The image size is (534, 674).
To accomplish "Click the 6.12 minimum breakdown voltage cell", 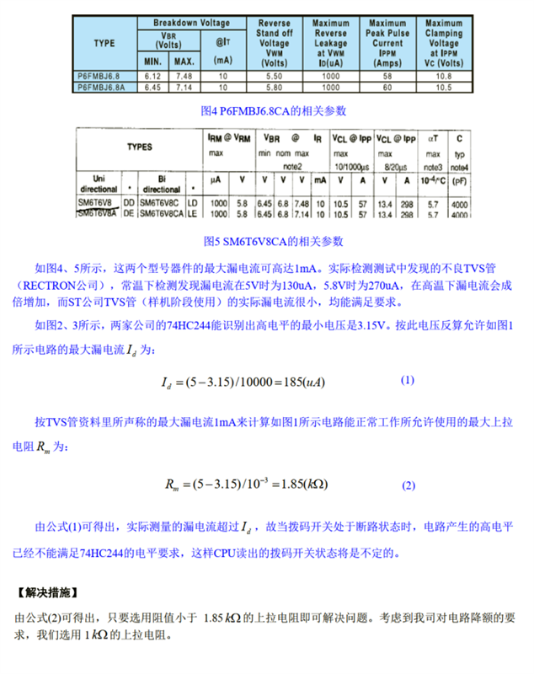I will [x=152, y=76].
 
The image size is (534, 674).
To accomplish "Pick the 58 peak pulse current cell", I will [x=387, y=76].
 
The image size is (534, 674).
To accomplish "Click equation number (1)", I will [x=408, y=380].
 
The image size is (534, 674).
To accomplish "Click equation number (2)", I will [x=409, y=486].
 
